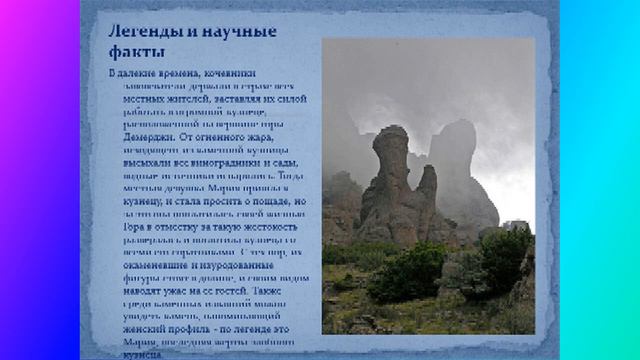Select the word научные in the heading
tap(239, 31)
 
